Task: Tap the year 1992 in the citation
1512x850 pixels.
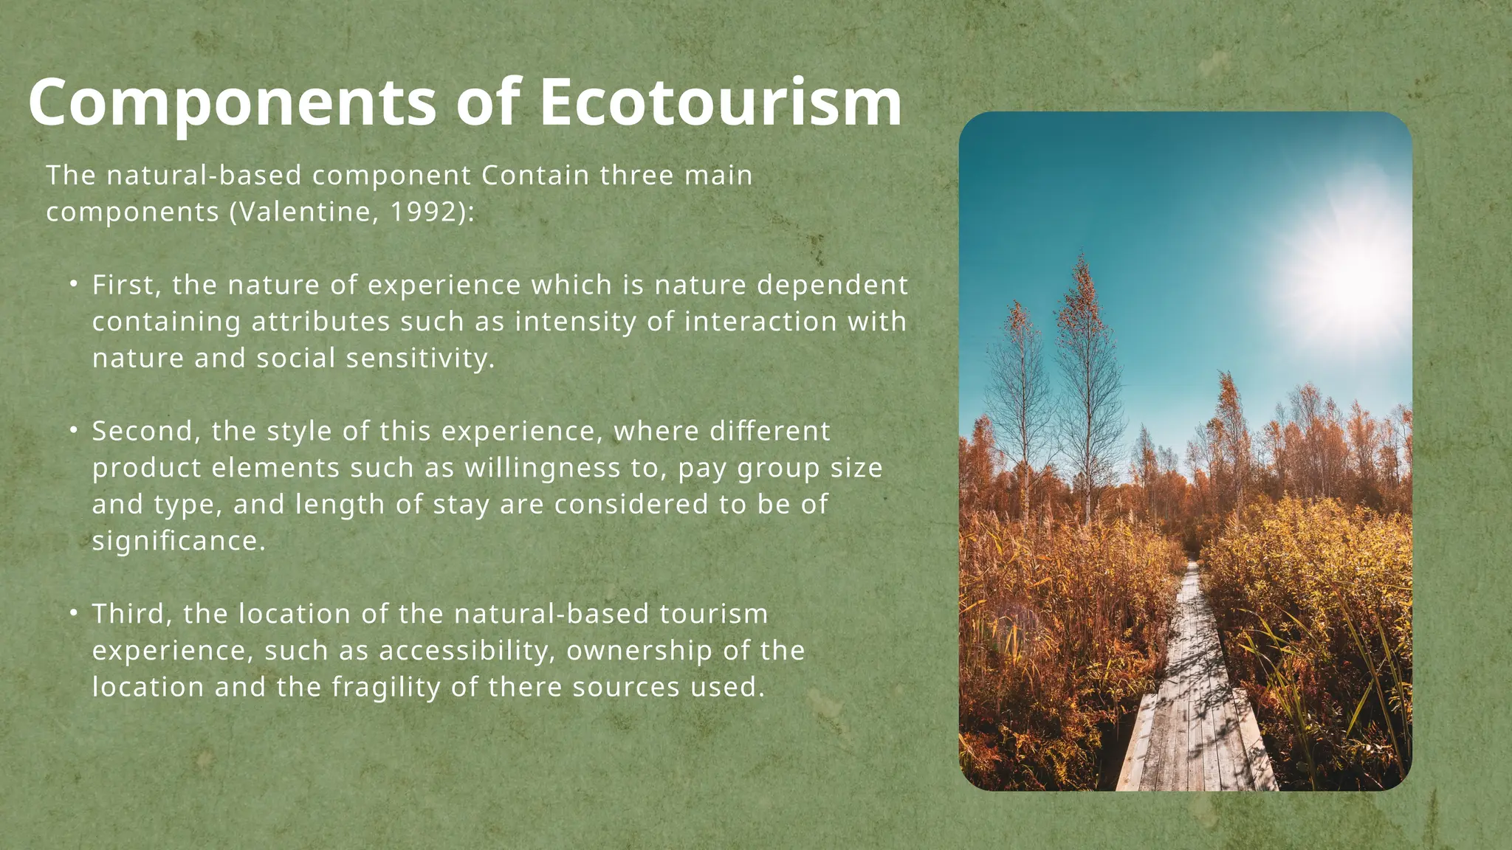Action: click(422, 212)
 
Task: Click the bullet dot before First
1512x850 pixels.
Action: click(74, 284)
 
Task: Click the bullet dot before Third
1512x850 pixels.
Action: click(74, 612)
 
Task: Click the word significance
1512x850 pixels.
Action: click(178, 541)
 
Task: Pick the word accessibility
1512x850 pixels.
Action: click(467, 651)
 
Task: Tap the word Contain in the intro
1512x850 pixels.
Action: click(535, 176)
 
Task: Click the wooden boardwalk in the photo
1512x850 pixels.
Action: click(1192, 708)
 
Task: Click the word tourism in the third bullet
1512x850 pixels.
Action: click(713, 614)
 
